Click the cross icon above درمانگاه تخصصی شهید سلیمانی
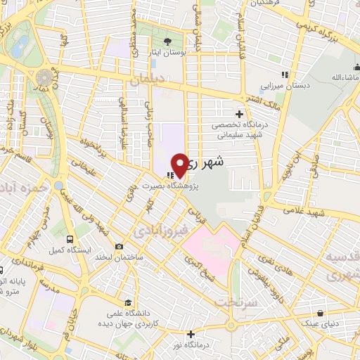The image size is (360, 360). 240,113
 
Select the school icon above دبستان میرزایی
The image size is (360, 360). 284,74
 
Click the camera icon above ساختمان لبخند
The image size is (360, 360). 119,246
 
